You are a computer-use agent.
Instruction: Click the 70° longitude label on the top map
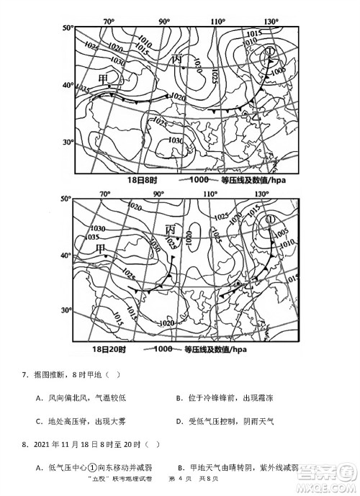109,22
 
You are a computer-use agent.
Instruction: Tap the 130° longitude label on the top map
271,22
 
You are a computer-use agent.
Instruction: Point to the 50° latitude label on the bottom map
66,198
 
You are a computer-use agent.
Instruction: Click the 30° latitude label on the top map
68,143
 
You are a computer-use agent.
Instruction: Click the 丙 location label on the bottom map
171,230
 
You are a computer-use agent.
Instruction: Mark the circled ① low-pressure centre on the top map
269,51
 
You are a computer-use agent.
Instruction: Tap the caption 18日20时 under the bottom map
109,349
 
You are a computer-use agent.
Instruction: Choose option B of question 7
180,398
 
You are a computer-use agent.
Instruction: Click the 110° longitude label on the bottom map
210,194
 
